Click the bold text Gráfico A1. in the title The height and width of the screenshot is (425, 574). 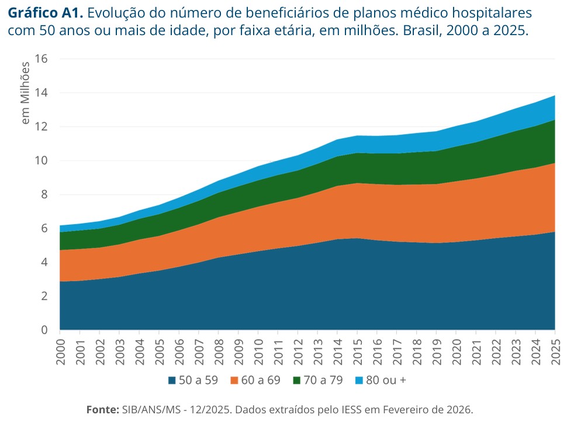[x=45, y=13]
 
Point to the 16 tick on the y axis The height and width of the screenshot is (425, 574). [x=41, y=59]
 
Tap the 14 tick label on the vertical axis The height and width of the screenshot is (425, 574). [x=41, y=93]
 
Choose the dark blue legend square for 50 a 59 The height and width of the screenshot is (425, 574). [x=172, y=381]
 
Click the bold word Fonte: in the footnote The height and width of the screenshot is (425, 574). [x=102, y=409]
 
